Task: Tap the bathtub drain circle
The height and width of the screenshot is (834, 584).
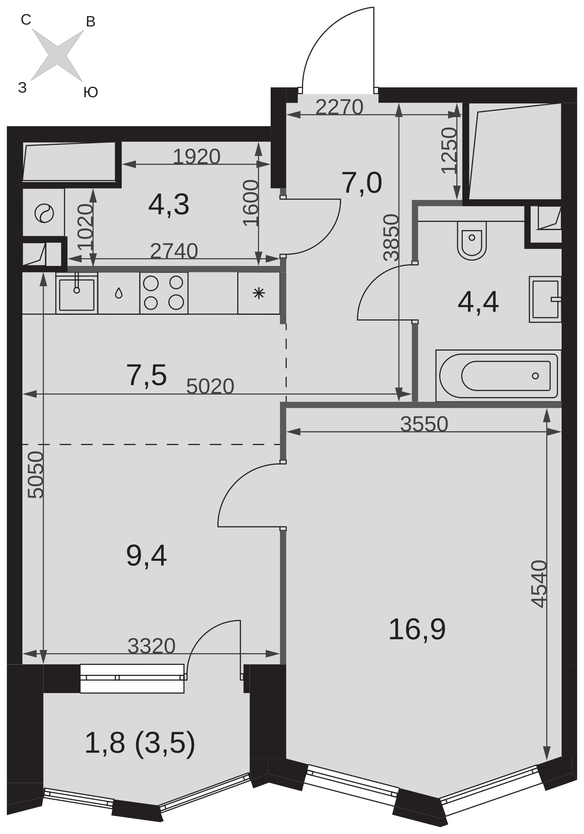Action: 536,375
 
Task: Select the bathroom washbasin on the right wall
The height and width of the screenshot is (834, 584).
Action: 545,299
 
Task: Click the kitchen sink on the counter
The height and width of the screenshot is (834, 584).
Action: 77,293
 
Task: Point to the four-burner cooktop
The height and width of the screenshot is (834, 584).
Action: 164,293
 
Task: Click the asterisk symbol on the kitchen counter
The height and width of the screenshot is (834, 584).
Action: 259,293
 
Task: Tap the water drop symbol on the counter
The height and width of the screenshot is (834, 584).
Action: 118,293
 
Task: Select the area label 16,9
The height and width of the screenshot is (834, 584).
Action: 417,629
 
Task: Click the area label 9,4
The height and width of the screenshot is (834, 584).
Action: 147,556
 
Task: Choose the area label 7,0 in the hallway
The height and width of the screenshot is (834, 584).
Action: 362,183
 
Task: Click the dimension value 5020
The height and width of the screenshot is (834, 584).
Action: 210,386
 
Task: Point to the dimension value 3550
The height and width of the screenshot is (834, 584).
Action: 424,424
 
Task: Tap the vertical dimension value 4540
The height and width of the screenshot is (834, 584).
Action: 539,584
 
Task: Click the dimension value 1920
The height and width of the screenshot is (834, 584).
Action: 197,156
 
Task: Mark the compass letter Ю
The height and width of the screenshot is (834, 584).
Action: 90,92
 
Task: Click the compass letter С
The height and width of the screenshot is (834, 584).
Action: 26,20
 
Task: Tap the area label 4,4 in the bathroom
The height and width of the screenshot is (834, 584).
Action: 478,303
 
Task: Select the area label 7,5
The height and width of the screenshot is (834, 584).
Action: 147,375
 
